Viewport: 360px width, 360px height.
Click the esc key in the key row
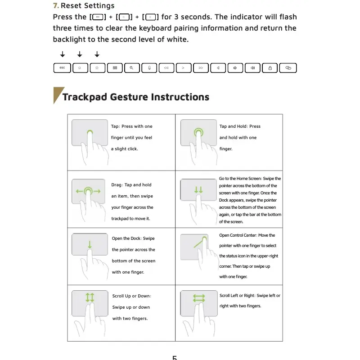click(62, 68)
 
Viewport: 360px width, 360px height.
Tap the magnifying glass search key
click(132, 68)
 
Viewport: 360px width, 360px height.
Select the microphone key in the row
click(149, 68)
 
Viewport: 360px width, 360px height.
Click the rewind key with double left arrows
click(166, 68)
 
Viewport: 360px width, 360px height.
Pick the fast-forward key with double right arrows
click(201, 68)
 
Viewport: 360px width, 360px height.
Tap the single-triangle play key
click(184, 68)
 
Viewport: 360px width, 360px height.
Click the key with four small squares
click(115, 68)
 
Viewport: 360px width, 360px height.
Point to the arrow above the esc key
click(63, 54)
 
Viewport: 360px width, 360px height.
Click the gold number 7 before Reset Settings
click(56, 5)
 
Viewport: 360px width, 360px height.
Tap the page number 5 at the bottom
click(175, 357)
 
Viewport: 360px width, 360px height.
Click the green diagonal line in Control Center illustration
click(199, 243)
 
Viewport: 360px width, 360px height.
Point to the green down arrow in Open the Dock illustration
click(90, 244)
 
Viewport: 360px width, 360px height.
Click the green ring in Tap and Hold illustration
click(198, 132)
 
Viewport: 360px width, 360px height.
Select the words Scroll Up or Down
click(131, 296)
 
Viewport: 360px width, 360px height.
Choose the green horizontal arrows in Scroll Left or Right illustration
click(199, 298)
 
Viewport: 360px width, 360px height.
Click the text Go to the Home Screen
click(240, 178)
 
